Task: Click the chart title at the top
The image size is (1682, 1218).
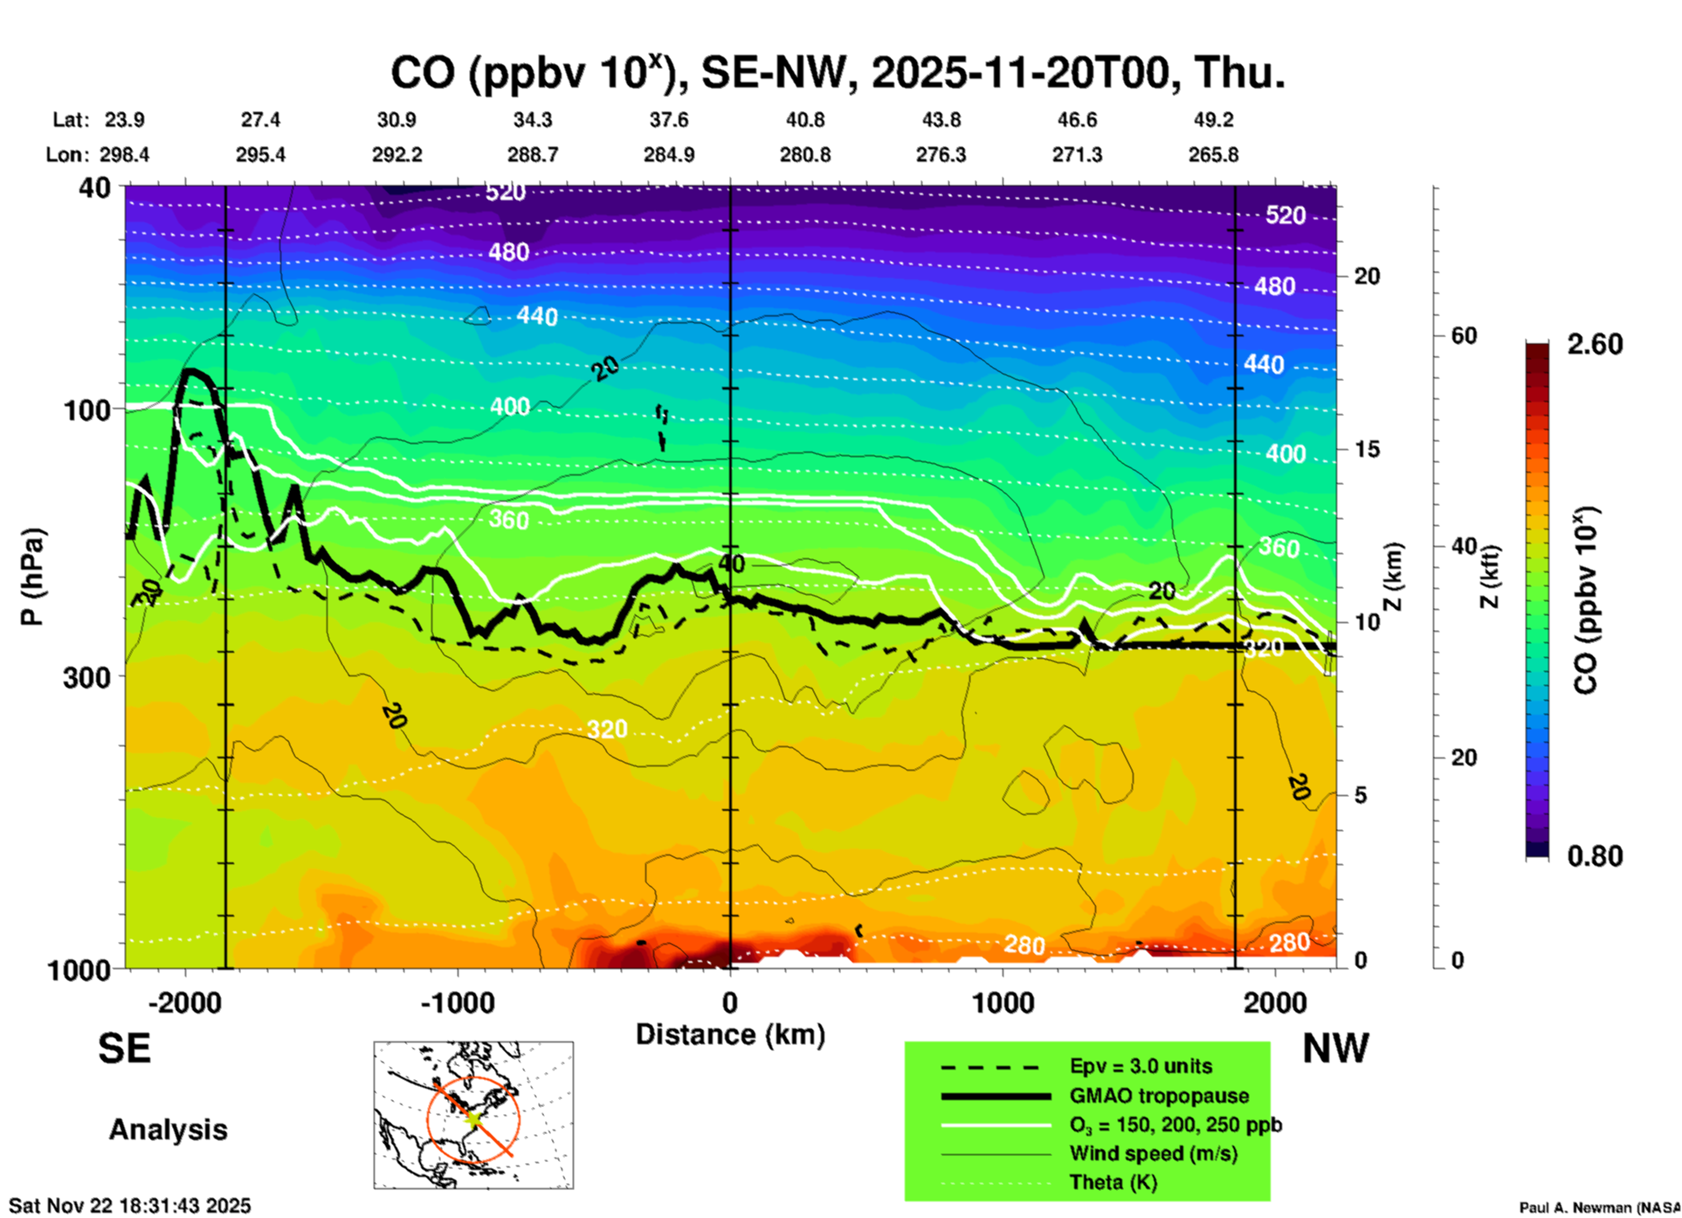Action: (837, 73)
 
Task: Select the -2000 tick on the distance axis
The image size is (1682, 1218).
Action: (184, 1003)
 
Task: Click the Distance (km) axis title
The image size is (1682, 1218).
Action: (730, 1035)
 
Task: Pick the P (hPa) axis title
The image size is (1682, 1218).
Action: (32, 577)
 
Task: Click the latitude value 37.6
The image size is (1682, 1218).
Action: (669, 120)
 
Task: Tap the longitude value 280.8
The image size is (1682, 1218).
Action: (804, 156)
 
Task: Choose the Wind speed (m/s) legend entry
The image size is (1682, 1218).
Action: (1153, 1153)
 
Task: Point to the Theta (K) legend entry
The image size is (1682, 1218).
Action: (1113, 1182)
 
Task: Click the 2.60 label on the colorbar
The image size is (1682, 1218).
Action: (1595, 344)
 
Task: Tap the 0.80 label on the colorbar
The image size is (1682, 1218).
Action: (1595, 856)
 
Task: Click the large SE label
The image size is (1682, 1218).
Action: (124, 1048)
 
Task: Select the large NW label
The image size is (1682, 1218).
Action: (1335, 1048)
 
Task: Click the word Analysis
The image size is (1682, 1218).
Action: (168, 1130)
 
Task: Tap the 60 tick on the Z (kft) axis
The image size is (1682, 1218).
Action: (1464, 336)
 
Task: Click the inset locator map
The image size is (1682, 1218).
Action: (473, 1115)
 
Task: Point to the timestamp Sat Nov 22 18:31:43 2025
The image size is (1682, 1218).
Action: (130, 1206)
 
